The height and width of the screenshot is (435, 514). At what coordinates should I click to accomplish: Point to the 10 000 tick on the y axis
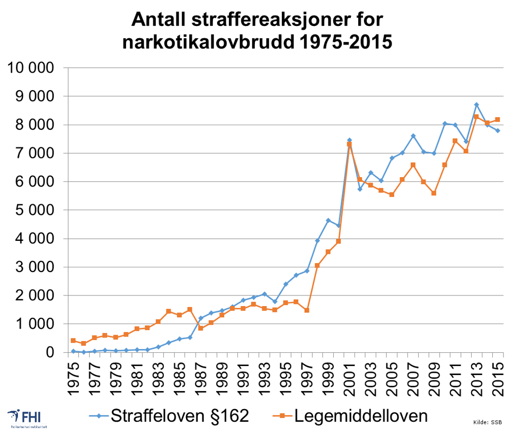click(x=30, y=68)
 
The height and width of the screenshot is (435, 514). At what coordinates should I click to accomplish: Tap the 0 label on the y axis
click(x=50, y=352)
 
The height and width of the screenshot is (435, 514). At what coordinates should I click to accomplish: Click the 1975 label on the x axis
click(x=73, y=378)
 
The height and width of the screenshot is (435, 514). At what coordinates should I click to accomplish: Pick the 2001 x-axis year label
click(x=349, y=378)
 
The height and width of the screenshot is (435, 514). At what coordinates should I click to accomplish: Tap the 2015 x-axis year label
click(x=498, y=378)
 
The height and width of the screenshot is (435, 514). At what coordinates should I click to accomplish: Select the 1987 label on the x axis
click(x=200, y=378)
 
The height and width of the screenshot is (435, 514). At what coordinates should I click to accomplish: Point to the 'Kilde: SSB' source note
click(x=488, y=422)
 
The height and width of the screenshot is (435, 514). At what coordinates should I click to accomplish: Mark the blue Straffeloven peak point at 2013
click(x=476, y=105)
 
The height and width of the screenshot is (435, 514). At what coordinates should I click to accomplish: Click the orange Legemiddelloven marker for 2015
click(x=498, y=120)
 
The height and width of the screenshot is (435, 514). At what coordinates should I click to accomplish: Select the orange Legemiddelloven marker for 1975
click(x=73, y=341)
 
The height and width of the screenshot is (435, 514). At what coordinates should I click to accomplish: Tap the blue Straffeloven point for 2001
click(x=349, y=140)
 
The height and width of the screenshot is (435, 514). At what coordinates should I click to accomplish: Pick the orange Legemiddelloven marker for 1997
click(x=307, y=310)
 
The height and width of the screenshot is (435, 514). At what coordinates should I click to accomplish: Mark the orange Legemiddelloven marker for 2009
click(x=434, y=193)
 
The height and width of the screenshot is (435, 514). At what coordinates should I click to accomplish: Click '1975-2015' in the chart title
click(x=342, y=42)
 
